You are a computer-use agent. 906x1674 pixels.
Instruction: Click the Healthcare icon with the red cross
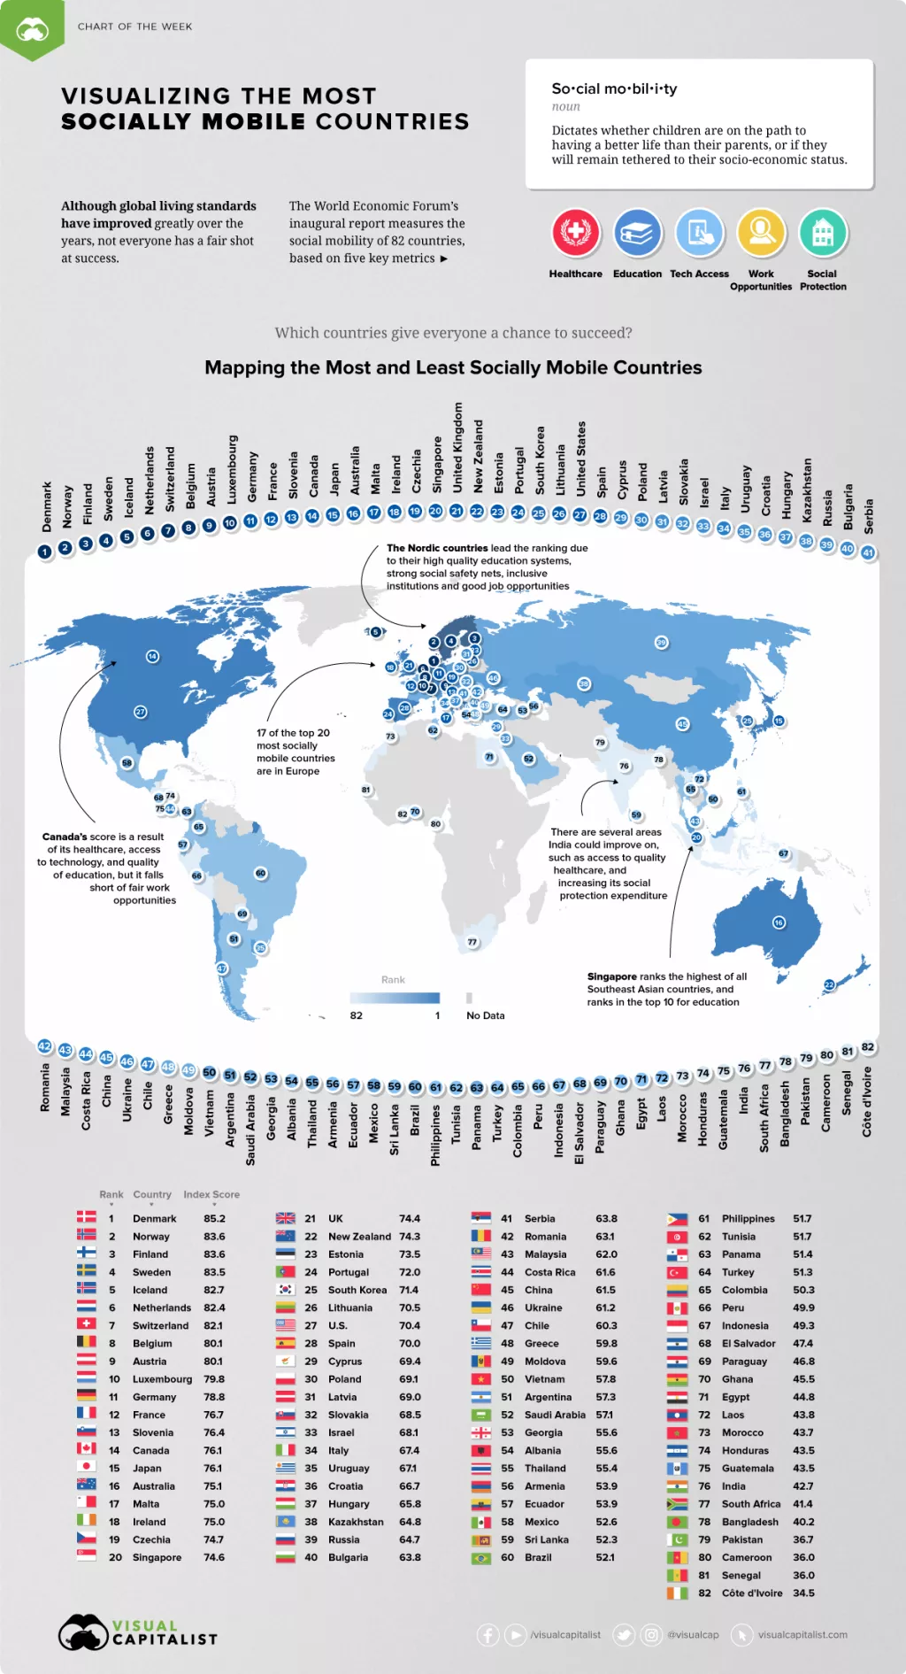pyautogui.click(x=576, y=232)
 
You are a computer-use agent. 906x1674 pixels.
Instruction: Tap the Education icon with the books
pyautogui.click(x=637, y=232)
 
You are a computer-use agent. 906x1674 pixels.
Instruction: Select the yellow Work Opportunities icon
pyautogui.click(x=761, y=232)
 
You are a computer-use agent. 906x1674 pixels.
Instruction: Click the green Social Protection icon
pyautogui.click(x=823, y=232)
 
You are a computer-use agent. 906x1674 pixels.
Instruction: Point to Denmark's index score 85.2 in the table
pyautogui.click(x=214, y=1218)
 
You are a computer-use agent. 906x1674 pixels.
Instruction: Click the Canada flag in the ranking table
pyautogui.click(x=86, y=1448)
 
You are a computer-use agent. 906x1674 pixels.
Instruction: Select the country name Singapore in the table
pyautogui.click(x=157, y=1557)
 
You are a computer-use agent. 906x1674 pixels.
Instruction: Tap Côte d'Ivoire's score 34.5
pyautogui.click(x=803, y=1593)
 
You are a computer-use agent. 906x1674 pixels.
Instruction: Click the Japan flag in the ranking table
pyautogui.click(x=86, y=1466)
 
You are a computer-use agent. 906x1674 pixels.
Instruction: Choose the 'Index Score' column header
pyautogui.click(x=211, y=1194)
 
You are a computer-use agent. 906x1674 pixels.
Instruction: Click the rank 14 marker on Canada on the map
pyautogui.click(x=152, y=656)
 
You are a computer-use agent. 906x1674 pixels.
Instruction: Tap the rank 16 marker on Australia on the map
pyautogui.click(x=779, y=922)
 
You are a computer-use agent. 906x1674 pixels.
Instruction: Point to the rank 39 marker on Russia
pyautogui.click(x=661, y=643)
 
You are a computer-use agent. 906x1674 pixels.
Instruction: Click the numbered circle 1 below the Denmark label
pyautogui.click(x=44, y=552)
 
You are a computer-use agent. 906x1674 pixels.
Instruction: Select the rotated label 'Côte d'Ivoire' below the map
pyautogui.click(x=867, y=1101)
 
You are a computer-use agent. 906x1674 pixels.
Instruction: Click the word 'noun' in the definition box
pyautogui.click(x=566, y=106)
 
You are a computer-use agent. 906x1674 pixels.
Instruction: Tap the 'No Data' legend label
pyautogui.click(x=486, y=1015)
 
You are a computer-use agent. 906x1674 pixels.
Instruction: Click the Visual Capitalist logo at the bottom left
pyautogui.click(x=137, y=1632)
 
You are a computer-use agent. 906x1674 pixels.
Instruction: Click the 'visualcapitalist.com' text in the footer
pyautogui.click(x=802, y=1634)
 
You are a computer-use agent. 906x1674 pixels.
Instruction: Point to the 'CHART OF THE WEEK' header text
pyautogui.click(x=134, y=27)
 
